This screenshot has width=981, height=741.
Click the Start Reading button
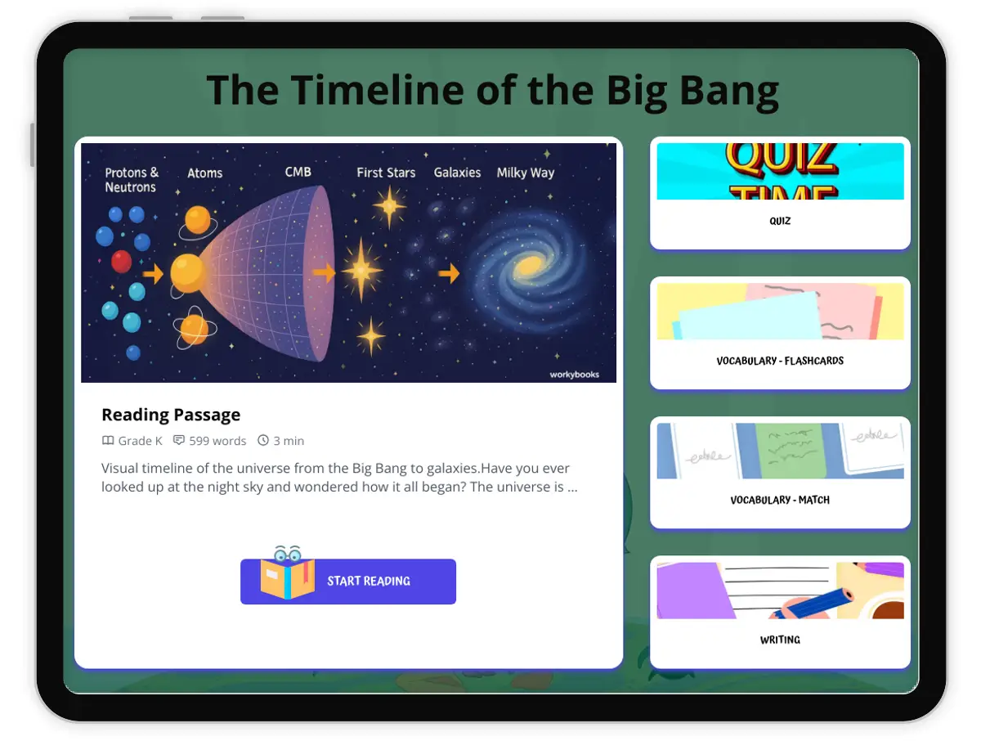pos(347,581)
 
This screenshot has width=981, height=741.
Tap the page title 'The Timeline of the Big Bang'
pos(492,91)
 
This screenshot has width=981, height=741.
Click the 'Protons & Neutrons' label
pos(132,180)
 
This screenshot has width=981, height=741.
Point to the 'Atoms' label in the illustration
pos(204,173)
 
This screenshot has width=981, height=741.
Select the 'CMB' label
pos(298,172)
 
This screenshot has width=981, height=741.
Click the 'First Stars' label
pos(386,173)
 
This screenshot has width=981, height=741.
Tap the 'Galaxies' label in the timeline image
pos(457,173)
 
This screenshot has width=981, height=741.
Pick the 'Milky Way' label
pos(526,173)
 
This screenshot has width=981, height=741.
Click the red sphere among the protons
pos(121,262)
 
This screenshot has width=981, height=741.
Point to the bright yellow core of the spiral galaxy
pos(529,266)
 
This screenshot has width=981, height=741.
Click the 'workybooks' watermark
pos(575,375)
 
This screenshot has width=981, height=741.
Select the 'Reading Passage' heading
pos(171,415)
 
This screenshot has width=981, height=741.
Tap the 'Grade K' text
pos(140,441)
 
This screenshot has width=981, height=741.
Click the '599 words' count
pos(217,441)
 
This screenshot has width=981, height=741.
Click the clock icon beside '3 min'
pos(263,440)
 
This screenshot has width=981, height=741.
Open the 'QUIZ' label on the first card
pos(780,221)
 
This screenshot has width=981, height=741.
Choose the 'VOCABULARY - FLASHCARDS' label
pos(780,361)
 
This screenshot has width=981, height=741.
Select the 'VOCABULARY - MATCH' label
pos(780,500)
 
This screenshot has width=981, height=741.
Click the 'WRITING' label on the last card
pos(780,640)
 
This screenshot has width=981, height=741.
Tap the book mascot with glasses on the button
pos(288,573)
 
